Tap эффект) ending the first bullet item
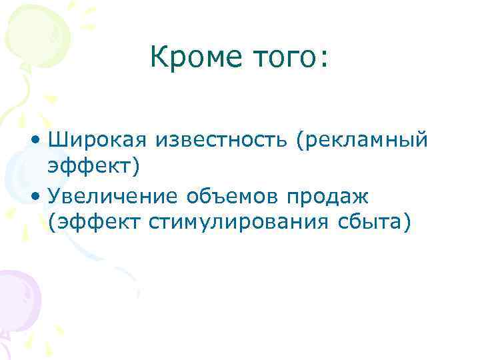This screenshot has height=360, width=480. [94, 168]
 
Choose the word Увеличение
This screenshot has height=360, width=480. [113, 197]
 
